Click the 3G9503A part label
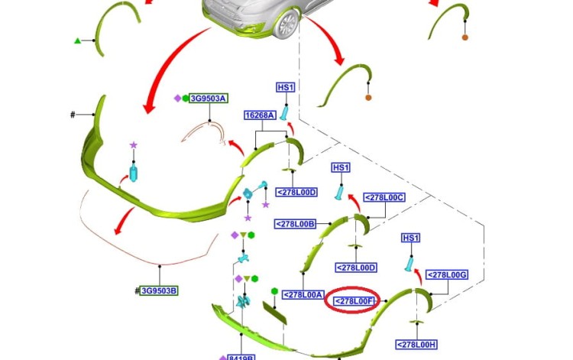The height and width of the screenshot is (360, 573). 209,99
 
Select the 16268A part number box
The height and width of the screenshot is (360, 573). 260,115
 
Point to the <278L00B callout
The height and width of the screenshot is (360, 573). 296,224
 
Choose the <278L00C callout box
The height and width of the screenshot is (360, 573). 384,197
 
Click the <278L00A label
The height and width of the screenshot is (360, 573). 303,294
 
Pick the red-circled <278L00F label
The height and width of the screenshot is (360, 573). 353,302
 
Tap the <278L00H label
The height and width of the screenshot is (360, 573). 416,344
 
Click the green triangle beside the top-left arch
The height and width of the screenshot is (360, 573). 77,41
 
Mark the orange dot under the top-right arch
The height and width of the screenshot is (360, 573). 465,37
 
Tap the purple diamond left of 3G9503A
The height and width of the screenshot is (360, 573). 177,99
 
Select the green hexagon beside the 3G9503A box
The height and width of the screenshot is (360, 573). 185,99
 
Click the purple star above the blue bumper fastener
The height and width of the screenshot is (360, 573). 134,144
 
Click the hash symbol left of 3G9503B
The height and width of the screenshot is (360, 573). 136,290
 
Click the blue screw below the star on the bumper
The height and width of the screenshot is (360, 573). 134,172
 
